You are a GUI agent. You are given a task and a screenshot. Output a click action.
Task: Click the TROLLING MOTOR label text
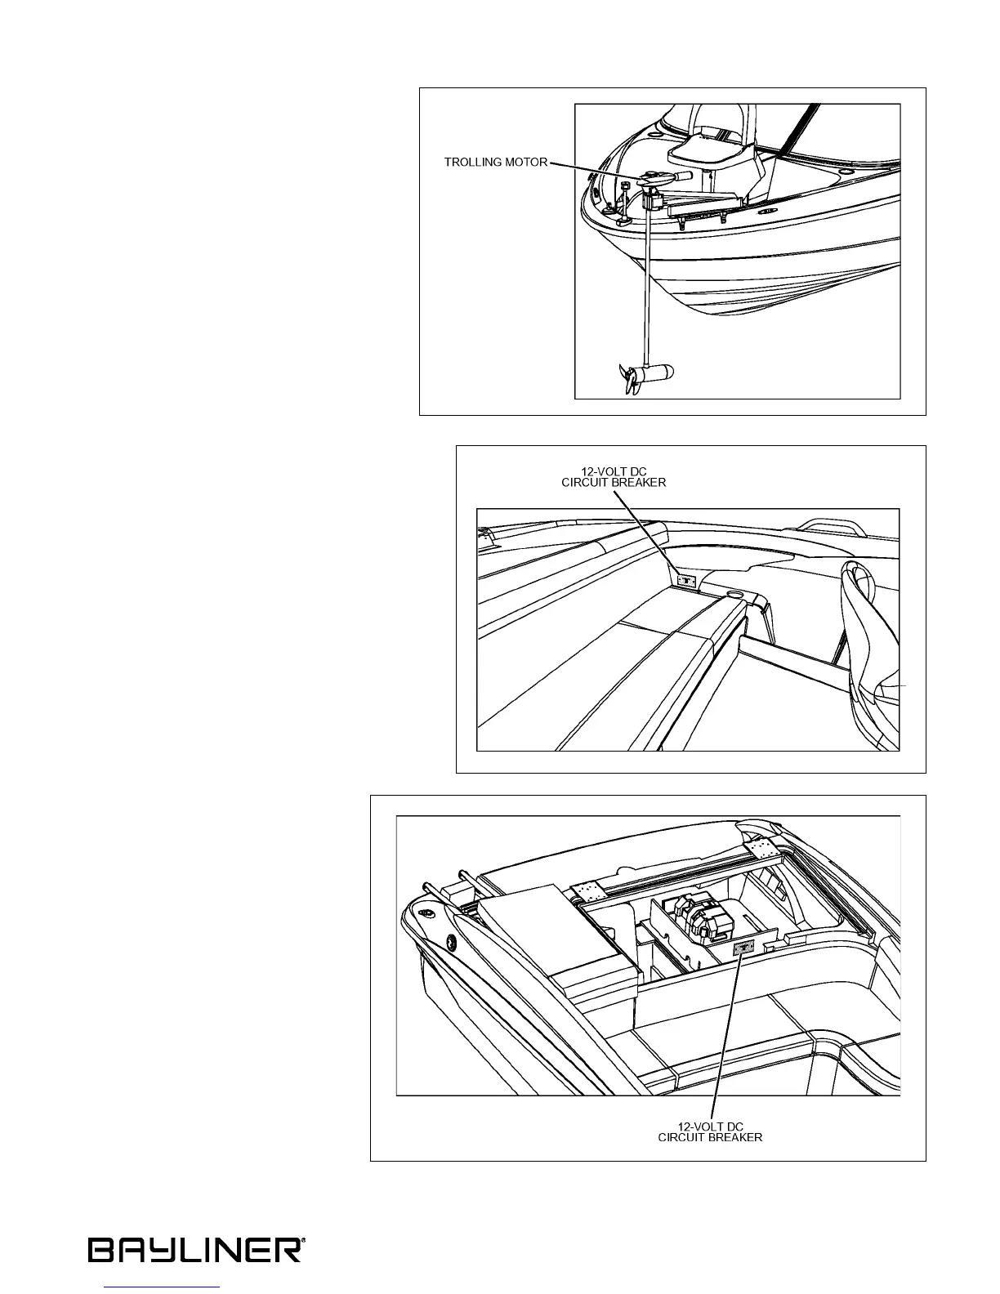(495, 162)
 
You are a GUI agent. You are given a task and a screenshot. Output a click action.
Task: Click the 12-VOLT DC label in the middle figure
(627, 471)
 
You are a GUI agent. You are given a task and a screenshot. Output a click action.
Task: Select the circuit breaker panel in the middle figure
(687, 581)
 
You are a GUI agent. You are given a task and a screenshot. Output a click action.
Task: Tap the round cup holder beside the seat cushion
(733, 593)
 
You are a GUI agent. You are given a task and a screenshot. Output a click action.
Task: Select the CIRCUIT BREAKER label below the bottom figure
(710, 1137)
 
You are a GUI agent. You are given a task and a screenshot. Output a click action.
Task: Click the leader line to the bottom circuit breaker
(727, 1037)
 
